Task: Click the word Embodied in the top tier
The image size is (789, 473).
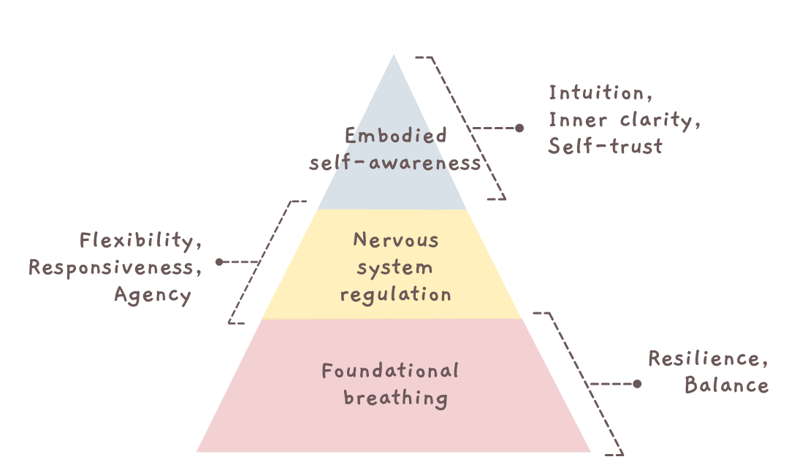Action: point(395,136)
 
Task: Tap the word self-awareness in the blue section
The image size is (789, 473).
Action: point(395,163)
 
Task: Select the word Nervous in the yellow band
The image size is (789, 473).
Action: point(395,240)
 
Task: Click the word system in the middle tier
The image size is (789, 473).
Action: point(395,268)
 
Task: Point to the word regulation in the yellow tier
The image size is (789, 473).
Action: point(395,295)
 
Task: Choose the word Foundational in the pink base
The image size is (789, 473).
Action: point(390,371)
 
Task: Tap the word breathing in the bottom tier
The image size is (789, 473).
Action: point(395,399)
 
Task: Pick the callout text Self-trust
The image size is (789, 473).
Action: point(606,147)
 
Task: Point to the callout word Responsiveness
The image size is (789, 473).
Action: point(115,268)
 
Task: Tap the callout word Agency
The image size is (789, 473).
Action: point(153,296)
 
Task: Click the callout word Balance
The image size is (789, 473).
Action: point(726,385)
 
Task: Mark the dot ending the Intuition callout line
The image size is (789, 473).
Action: point(519,128)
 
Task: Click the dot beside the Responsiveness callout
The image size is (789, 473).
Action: point(218,261)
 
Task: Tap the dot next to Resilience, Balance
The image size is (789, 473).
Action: point(637,384)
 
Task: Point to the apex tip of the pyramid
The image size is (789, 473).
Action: point(394,55)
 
